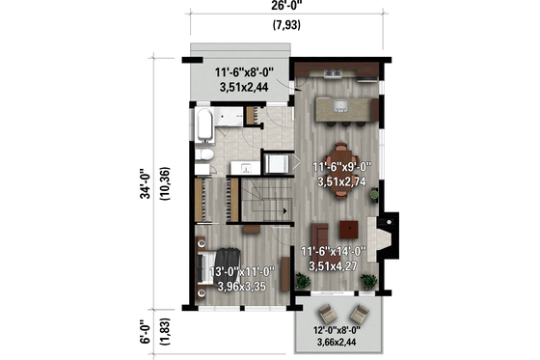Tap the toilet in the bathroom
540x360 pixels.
(203, 156)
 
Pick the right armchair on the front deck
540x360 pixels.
(359, 314)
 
